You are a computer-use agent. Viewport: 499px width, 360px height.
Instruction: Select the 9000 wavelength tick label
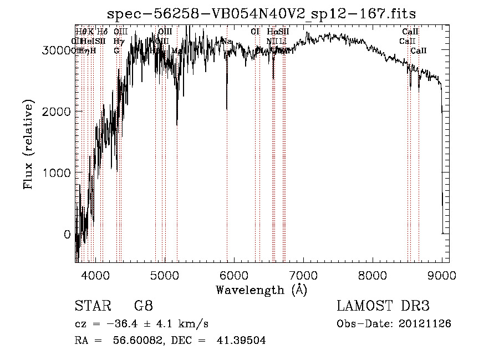pos(442,275)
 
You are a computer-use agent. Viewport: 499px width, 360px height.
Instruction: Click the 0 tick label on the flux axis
pos(67,234)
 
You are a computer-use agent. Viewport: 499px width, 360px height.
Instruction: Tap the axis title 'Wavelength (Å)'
pos(262,290)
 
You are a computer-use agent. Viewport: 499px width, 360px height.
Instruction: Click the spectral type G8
pos(144,306)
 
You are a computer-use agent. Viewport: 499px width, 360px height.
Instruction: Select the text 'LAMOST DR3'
pos(383,306)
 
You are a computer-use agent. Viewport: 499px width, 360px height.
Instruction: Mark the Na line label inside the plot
pos(226,41)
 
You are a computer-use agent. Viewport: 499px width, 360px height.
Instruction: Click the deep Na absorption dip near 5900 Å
pos(227,107)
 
